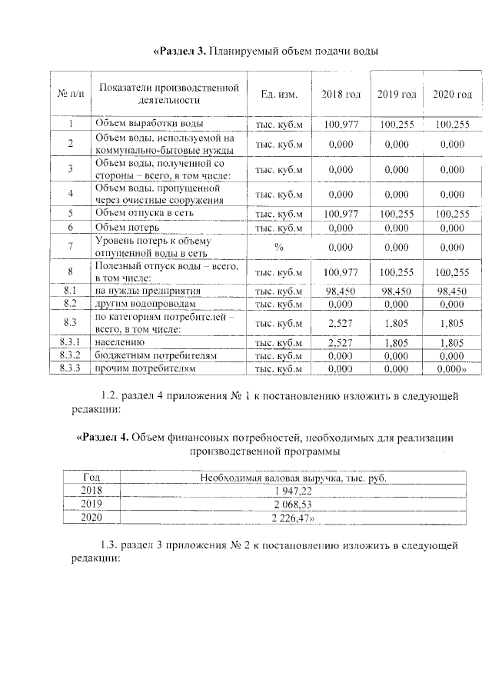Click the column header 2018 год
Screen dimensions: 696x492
point(341,94)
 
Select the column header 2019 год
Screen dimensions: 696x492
point(397,94)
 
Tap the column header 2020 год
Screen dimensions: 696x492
point(452,94)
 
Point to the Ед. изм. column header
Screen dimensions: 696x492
point(279,94)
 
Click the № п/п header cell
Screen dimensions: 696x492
point(70,94)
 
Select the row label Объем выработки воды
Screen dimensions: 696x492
point(149,123)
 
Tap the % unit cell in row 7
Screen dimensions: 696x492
point(279,246)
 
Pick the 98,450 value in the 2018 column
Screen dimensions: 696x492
point(341,291)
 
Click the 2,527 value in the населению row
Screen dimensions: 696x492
point(341,342)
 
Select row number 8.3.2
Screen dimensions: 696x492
point(70,356)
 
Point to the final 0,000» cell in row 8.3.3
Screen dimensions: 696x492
point(453,369)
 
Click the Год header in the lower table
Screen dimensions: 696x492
point(91,478)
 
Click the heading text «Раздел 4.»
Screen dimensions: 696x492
point(102,438)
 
